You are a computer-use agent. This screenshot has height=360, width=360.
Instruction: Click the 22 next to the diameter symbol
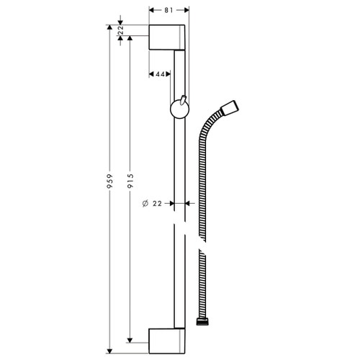157,204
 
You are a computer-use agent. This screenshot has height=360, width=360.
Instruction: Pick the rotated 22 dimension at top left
120,30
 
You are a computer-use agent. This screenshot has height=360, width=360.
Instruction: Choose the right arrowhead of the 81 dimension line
186,11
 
